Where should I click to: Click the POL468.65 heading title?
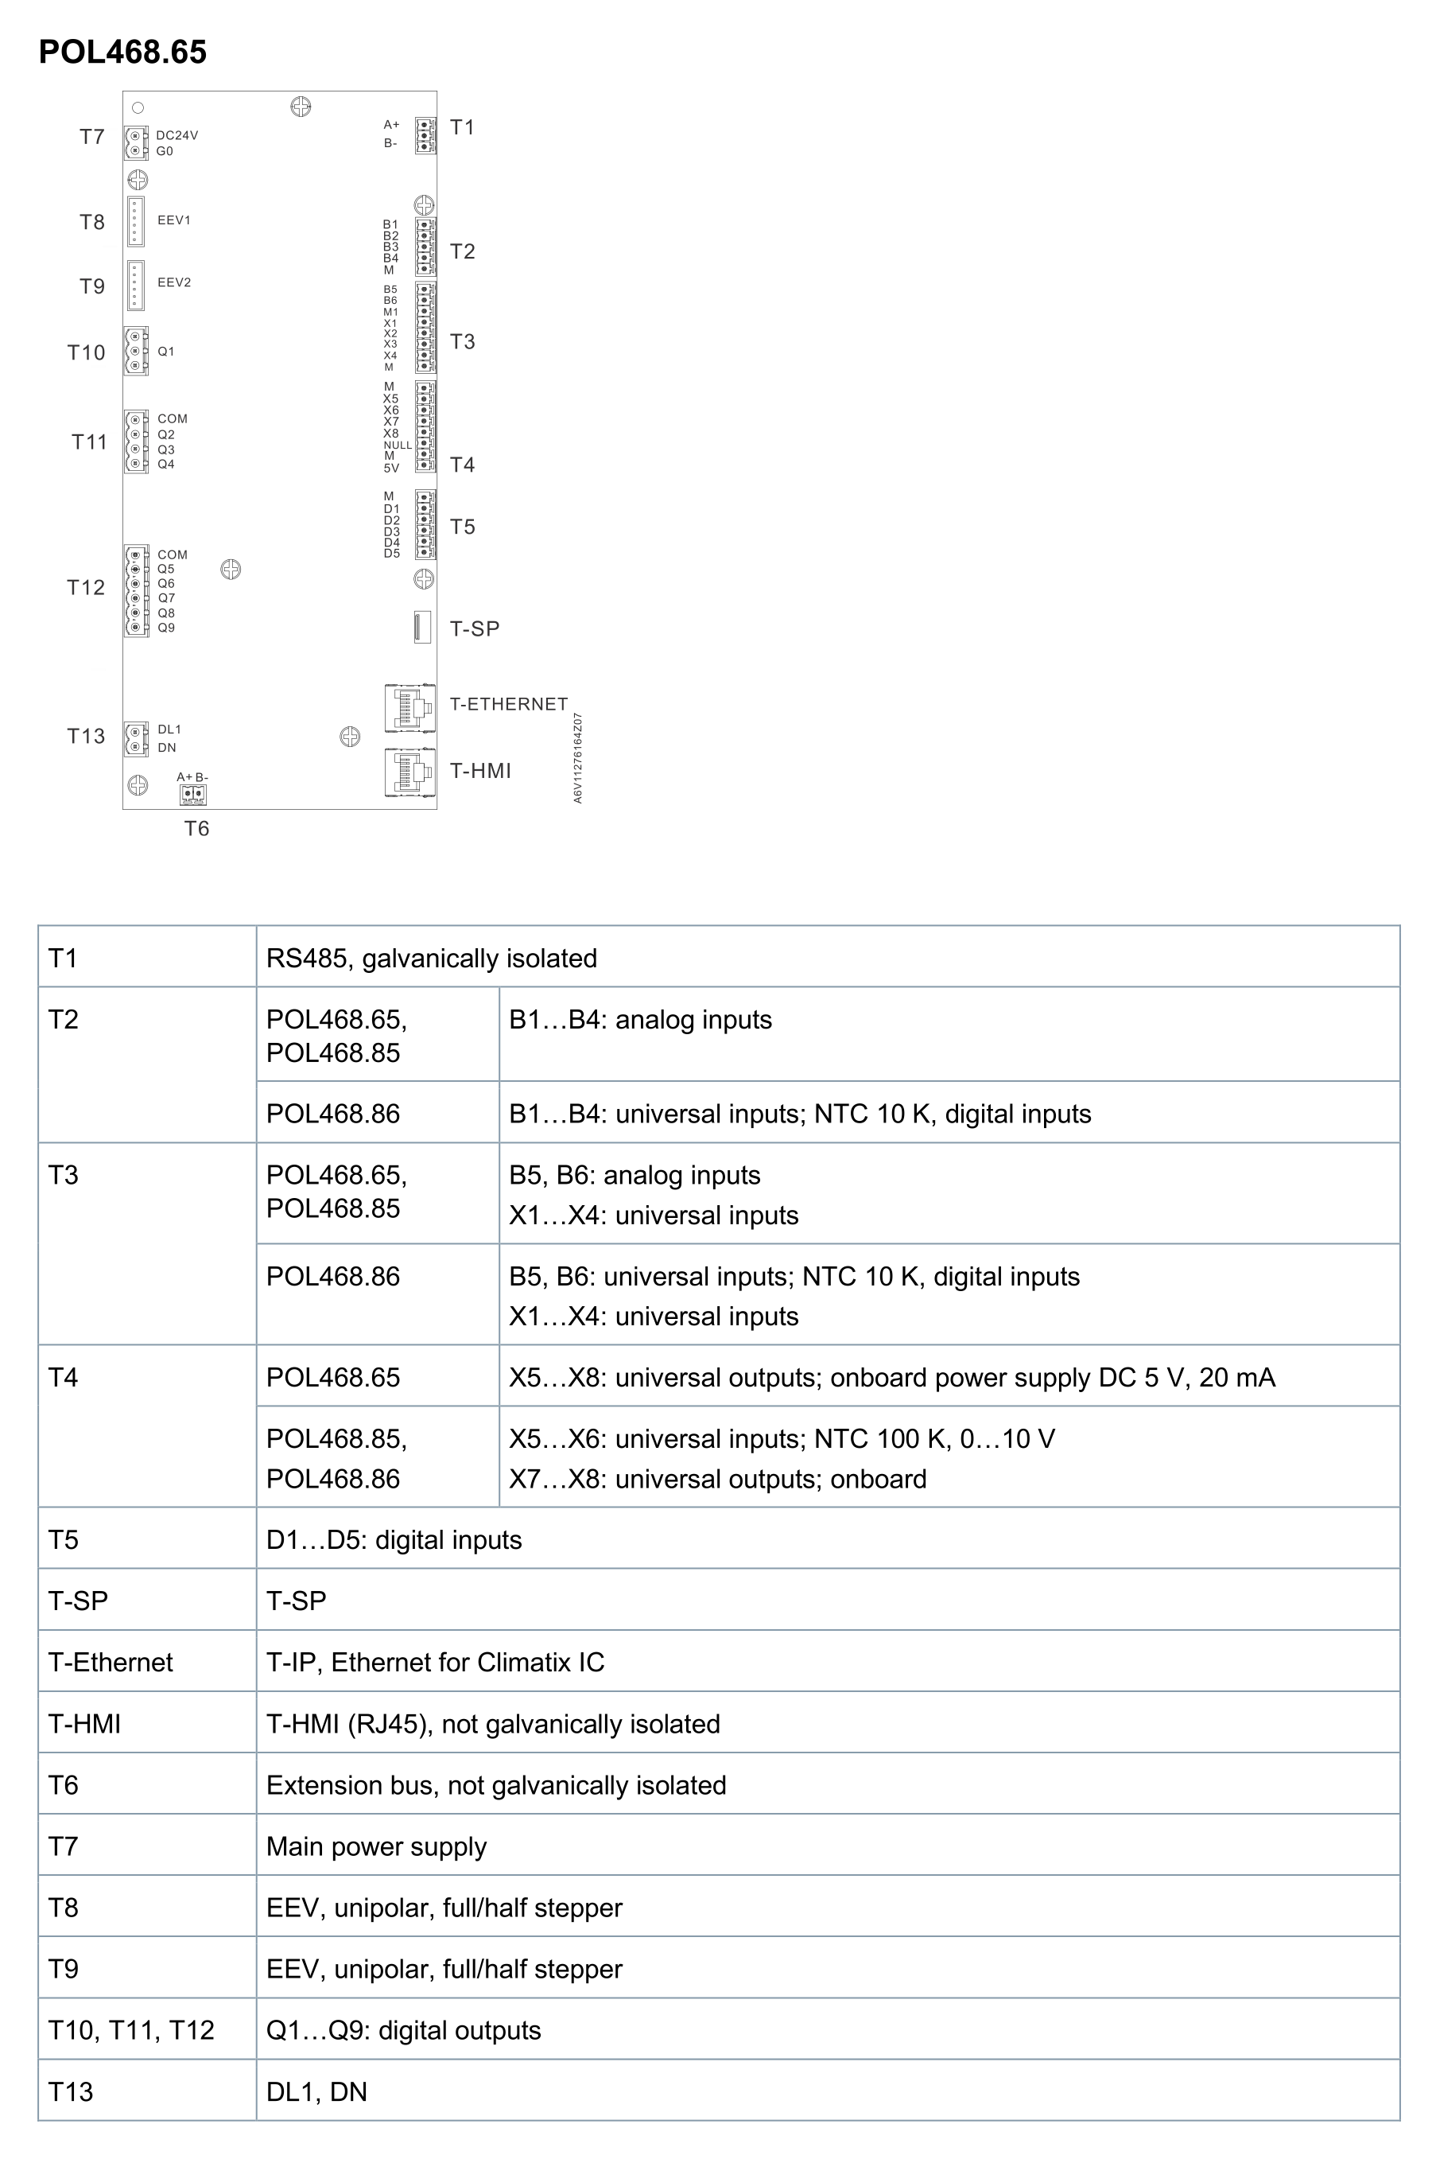122,53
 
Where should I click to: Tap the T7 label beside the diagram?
91,138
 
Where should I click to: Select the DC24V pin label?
177,135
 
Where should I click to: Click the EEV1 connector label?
174,221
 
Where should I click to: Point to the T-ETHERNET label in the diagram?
508,704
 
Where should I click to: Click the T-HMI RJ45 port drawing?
409,772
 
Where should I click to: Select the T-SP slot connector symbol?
422,628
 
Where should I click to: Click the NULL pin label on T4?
398,446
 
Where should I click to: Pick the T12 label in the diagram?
86,588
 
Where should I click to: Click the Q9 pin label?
165,628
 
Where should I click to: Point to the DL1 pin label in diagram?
169,730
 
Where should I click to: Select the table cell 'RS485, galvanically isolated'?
431,958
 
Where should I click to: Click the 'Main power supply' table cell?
376,1846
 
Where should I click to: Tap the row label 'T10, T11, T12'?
131,2030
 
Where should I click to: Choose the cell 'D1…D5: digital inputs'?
394,1540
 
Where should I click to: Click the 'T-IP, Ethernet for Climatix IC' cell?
435,1663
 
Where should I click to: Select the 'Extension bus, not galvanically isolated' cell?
495,1785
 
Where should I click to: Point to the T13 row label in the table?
71,2092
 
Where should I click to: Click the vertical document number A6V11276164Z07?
578,758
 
